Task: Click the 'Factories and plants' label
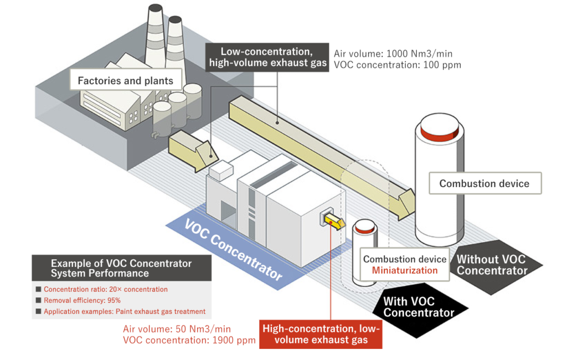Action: click(x=125, y=81)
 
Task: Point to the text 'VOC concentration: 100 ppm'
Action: click(x=397, y=65)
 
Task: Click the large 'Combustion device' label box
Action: click(x=484, y=183)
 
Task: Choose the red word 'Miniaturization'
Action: click(x=404, y=270)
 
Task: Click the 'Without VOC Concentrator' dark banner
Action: click(x=491, y=265)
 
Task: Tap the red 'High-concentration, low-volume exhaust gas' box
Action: click(x=321, y=334)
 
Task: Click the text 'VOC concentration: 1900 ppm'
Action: click(x=189, y=340)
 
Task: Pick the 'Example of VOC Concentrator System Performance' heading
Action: click(x=121, y=268)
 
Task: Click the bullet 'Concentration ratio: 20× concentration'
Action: click(x=105, y=289)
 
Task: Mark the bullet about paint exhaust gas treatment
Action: click(x=124, y=311)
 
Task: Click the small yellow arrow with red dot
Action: click(x=331, y=222)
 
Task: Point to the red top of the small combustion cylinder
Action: click(x=364, y=228)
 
